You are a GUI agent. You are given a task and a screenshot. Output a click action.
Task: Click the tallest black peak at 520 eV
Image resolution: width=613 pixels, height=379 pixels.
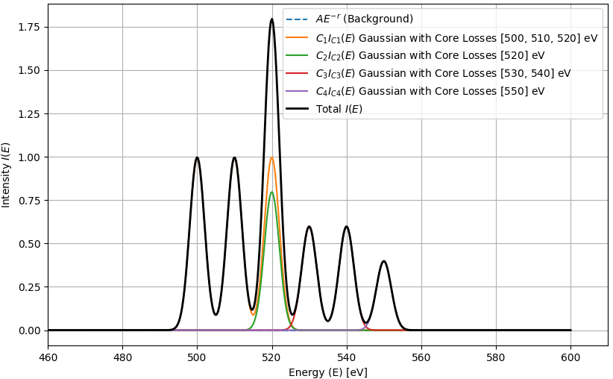[x=272, y=20]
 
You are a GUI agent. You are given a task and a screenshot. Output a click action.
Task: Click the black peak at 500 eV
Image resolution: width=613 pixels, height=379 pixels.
[x=197, y=158]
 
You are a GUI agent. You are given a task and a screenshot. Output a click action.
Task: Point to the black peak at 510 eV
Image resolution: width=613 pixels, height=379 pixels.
[x=234, y=158]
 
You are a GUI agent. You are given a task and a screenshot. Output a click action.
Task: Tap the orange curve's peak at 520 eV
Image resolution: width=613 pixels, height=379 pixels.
[x=272, y=157]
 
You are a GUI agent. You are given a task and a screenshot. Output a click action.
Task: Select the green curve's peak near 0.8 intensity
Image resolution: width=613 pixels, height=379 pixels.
[x=272, y=192]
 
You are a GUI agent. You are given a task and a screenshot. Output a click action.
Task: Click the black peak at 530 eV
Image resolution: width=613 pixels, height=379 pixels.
[x=309, y=227]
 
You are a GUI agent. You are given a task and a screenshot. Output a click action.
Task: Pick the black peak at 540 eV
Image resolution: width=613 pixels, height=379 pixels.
[x=346, y=227]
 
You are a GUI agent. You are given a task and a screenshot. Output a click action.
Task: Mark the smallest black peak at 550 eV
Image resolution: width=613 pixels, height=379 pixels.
[x=384, y=261]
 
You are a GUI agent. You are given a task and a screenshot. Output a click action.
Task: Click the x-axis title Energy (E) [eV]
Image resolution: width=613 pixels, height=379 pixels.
[x=327, y=372]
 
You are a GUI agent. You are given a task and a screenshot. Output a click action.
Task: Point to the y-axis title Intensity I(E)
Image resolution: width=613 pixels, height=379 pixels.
[x=7, y=175]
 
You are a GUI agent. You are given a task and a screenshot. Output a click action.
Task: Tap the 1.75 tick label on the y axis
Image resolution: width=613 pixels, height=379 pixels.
[x=28, y=28]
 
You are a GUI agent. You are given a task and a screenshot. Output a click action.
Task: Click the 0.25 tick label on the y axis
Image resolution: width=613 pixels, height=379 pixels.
[x=28, y=287]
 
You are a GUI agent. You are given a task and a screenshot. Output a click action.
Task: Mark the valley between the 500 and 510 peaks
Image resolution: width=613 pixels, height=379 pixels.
[x=216, y=314]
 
